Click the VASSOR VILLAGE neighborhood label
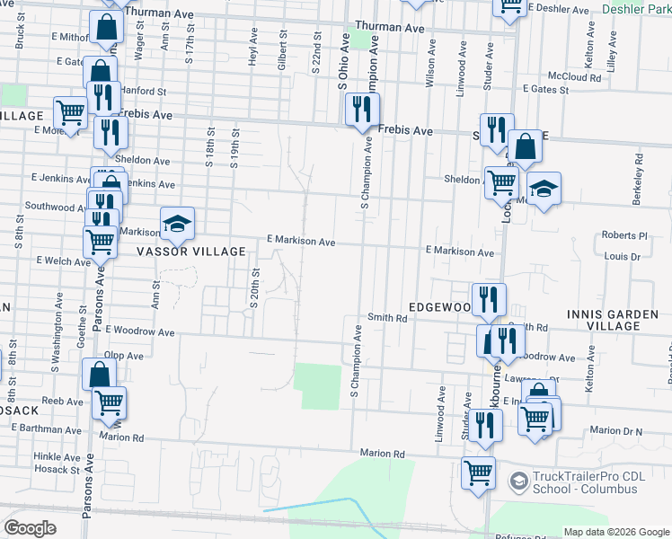190,252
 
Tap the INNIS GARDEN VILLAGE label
618,319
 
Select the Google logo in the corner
30,528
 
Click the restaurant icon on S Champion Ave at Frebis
362,111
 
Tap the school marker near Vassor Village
178,224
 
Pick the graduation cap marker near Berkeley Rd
544,191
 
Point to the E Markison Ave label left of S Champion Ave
301,242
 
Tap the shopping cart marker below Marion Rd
479,473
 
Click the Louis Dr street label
622,256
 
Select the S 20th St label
254,287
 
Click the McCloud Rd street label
576,77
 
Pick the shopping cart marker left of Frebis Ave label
70,114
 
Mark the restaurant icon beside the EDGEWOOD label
489,300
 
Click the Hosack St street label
57,469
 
